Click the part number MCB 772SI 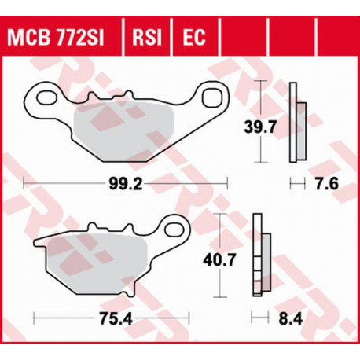(x=60, y=36)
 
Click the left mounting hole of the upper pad (x=36, y=101)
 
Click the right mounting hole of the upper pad (x=213, y=97)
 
